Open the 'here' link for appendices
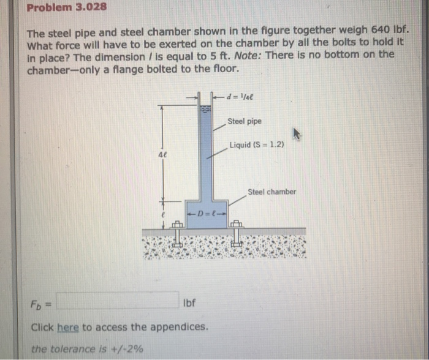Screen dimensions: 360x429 68,327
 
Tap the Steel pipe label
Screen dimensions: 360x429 244,121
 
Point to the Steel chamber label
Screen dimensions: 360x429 271,192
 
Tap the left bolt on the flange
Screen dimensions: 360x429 177,233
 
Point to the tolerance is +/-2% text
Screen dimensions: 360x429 88,349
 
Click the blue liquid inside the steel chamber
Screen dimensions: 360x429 205,220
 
